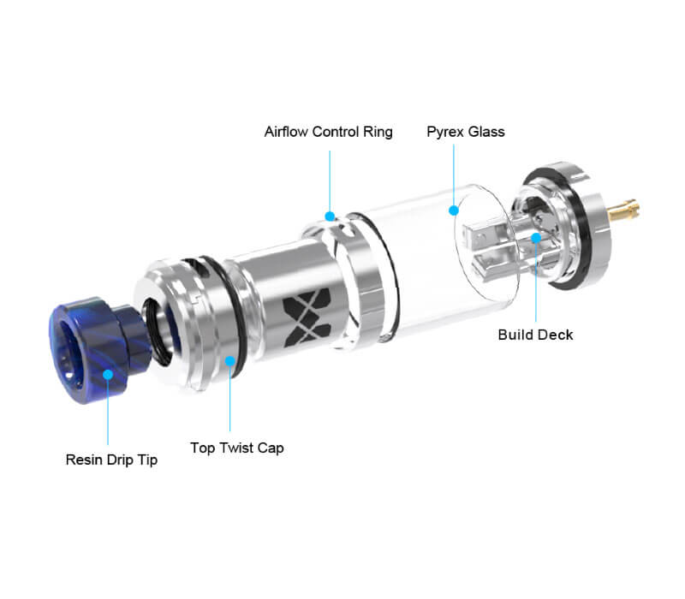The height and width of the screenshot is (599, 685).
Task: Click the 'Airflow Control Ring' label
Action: point(328,132)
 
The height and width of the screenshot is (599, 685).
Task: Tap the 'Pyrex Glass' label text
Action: point(466,132)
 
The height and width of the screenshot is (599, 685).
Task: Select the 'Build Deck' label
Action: point(535,335)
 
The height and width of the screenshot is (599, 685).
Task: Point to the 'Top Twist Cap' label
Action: point(237,448)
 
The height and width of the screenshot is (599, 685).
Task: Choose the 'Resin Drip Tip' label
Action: point(111,460)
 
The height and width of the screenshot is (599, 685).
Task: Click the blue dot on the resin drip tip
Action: point(108,375)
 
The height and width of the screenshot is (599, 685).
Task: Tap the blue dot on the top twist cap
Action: point(229,361)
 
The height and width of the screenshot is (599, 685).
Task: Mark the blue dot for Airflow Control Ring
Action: point(330,216)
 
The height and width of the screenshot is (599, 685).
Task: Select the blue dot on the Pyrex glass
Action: point(454,211)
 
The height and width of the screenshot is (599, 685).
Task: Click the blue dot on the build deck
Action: point(536,238)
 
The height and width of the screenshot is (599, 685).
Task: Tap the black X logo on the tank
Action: point(307,317)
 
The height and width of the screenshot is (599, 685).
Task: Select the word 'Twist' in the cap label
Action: point(236,448)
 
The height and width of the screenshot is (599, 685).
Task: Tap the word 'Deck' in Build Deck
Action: point(557,335)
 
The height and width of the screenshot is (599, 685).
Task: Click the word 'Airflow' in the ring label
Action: point(286,132)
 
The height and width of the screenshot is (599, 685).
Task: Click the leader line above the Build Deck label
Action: point(536,282)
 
